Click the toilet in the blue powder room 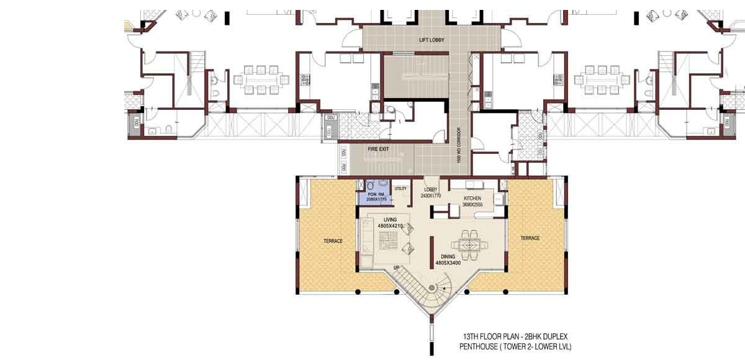pos(371,186)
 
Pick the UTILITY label pos(400,189)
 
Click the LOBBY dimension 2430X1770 pos(431,196)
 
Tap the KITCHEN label pos(472,199)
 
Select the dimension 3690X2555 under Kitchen pos(472,204)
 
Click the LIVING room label pos(390,220)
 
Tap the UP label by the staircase pos(395,268)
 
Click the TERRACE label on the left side pos(333,241)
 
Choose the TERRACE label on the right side pos(530,238)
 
